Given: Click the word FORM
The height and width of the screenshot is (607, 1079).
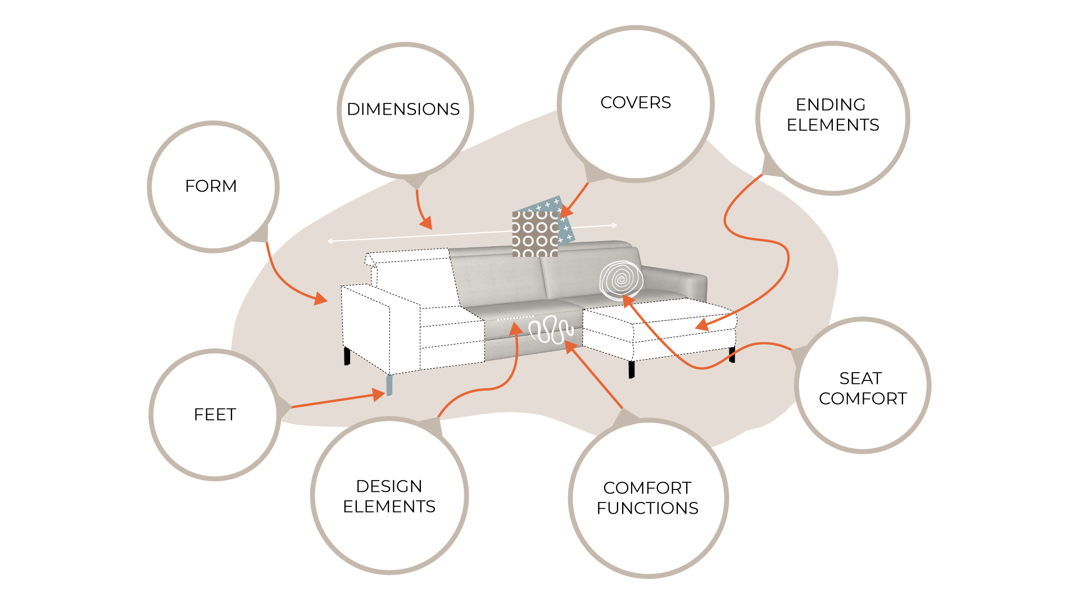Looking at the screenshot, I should [x=211, y=186].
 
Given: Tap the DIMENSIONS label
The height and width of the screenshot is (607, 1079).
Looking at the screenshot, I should [x=403, y=109].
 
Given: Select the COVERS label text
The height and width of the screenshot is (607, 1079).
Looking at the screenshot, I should [x=636, y=102].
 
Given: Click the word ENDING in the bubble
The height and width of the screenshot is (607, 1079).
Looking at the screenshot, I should [x=831, y=105].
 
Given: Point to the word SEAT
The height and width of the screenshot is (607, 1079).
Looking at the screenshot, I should [x=860, y=378].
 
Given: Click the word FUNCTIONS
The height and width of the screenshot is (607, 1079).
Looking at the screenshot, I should [x=647, y=508].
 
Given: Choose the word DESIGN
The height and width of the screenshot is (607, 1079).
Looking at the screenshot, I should [x=389, y=486].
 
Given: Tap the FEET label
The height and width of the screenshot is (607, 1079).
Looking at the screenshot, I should [x=215, y=415].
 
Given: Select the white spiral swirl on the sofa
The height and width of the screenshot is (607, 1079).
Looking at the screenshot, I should [x=621, y=280].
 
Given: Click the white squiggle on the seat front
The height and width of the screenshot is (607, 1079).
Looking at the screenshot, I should [x=551, y=330].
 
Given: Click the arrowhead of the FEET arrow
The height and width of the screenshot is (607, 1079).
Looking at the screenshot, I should [x=380, y=395].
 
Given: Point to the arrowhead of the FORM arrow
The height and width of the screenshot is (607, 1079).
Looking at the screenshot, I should [x=321, y=298].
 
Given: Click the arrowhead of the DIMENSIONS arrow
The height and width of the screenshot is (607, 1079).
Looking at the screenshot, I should [x=427, y=223].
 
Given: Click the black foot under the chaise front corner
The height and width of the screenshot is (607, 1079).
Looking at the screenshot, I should [x=632, y=369].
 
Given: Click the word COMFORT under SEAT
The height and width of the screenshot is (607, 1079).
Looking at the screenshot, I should [x=863, y=398].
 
